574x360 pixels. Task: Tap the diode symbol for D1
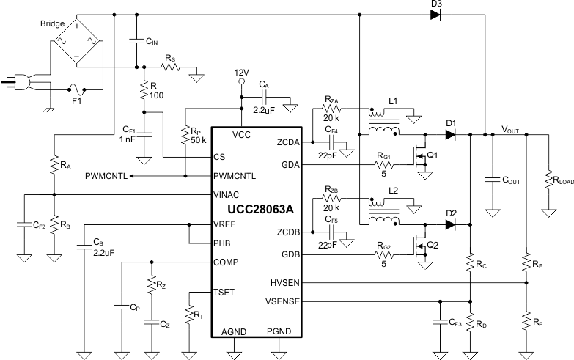451,134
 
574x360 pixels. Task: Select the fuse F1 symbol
77,90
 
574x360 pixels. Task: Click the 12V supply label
242,73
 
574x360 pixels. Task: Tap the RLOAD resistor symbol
548,178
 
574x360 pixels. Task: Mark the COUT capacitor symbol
493,178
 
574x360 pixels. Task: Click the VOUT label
510,130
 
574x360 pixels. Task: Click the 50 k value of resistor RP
197,139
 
